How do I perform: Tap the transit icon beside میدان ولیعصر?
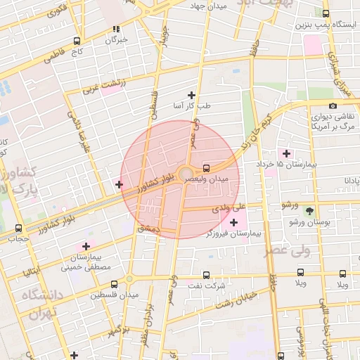pos(206,168)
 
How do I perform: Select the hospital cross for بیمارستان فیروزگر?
pos(233,222)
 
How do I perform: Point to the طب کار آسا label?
pos(192,106)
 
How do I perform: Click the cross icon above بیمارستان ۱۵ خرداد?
pos(285,153)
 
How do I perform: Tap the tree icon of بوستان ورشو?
pos(309,210)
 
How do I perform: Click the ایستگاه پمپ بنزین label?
pos(323,25)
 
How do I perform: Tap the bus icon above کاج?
pos(76,40)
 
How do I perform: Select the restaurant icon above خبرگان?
pos(116,30)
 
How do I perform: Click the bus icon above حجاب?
pos(18,228)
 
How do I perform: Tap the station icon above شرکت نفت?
pos(206,275)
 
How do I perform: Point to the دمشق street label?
pos(149,229)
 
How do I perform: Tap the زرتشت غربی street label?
pos(103,86)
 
